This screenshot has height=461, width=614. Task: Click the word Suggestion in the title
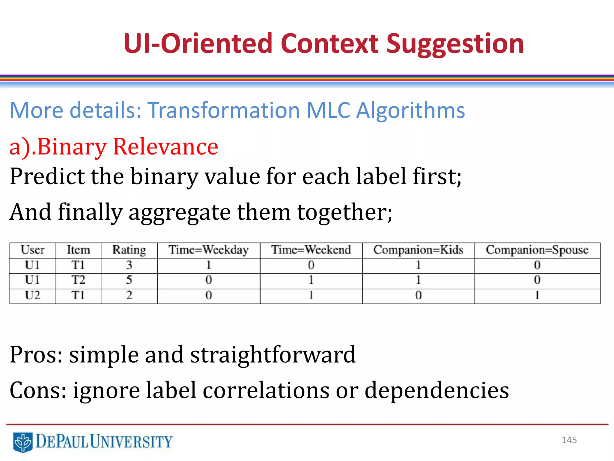pos(455,44)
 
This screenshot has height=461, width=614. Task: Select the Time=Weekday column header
pos(209,250)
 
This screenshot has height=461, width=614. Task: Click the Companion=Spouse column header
pos(537,250)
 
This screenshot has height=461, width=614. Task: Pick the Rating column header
pos(129,250)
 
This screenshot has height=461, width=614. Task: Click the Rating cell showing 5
pos(129,280)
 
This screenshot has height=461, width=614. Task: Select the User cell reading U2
pos(32,296)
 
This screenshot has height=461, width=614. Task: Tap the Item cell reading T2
pos(78,280)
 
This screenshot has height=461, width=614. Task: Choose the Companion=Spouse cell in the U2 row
pos(537,296)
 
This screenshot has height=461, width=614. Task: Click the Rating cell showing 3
pos(129,265)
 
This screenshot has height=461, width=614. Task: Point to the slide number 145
pos(569,440)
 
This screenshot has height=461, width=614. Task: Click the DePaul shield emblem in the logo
pos(23,442)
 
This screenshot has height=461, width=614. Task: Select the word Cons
pos(38,390)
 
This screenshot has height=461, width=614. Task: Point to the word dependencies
pos(437,391)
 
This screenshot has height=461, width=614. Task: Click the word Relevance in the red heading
pos(165,147)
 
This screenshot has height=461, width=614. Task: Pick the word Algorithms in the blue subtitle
pos(410,110)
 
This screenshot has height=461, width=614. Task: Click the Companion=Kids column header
pos(418,250)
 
